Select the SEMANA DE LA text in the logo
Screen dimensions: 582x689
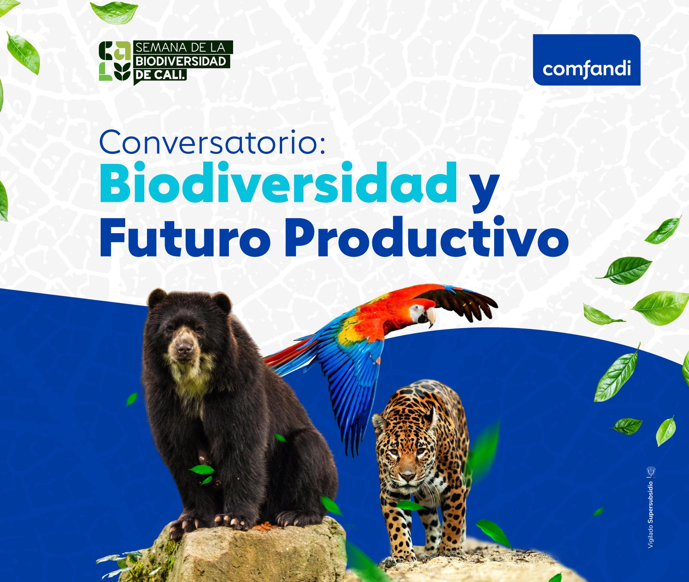pyautogui.click(x=181, y=47)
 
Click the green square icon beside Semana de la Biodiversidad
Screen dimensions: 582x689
pyautogui.click(x=114, y=61)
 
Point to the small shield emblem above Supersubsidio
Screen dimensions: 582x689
pyautogui.click(x=650, y=470)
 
